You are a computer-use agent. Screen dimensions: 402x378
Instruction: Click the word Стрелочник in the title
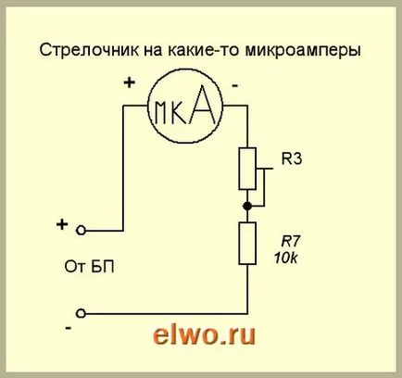[89, 50]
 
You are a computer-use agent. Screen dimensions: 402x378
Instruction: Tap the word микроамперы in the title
[303, 51]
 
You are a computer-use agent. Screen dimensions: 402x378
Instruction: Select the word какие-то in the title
[204, 50]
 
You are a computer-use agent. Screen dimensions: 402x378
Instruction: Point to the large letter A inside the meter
[202, 104]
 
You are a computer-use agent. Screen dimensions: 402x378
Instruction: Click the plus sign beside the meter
[130, 82]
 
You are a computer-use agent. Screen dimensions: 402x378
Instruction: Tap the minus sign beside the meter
[235, 85]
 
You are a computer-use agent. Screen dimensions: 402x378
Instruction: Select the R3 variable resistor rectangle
[247, 169]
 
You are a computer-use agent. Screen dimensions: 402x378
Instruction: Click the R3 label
[292, 159]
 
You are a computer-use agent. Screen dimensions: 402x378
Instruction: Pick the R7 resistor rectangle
[247, 243]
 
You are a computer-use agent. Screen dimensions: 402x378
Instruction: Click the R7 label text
[290, 242]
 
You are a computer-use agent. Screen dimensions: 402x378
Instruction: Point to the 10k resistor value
[286, 258]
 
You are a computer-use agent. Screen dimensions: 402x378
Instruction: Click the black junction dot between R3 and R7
[247, 206]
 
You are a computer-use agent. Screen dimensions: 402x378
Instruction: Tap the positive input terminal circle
[81, 231]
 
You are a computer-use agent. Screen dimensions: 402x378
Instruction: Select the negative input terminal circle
[81, 313]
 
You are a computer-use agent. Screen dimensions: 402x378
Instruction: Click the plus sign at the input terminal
[62, 224]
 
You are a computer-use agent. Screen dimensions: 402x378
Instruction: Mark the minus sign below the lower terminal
[69, 328]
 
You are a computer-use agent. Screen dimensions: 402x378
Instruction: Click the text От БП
[89, 267]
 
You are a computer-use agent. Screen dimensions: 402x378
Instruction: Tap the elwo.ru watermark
[204, 334]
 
